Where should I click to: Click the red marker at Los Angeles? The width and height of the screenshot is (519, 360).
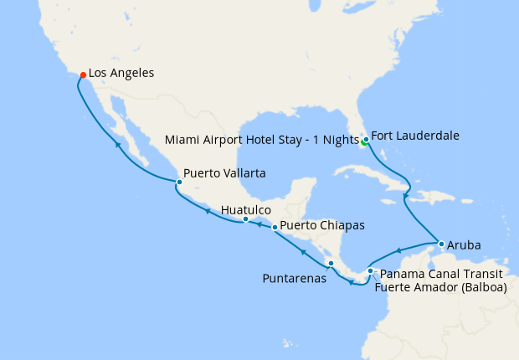coord(83,75)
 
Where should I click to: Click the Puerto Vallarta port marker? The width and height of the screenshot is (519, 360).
coord(179,182)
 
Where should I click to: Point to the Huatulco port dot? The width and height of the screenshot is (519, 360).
coord(245,219)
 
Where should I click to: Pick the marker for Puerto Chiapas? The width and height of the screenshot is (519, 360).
coord(275,227)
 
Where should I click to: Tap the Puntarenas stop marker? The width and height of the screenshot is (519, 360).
coord(331,264)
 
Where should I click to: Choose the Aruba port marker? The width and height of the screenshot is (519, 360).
coord(441,244)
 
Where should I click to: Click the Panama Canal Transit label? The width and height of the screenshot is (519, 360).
coord(440,274)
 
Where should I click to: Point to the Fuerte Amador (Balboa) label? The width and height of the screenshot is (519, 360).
coord(441,288)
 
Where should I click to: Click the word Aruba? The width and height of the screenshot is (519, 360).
coord(464,245)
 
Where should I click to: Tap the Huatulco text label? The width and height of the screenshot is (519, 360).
coord(245,210)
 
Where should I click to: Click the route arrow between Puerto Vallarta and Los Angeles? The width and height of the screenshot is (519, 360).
coord(118,146)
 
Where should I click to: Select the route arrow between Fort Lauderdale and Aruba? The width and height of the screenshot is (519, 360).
coord(405,197)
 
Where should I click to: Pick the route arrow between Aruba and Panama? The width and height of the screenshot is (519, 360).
coord(399,250)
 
